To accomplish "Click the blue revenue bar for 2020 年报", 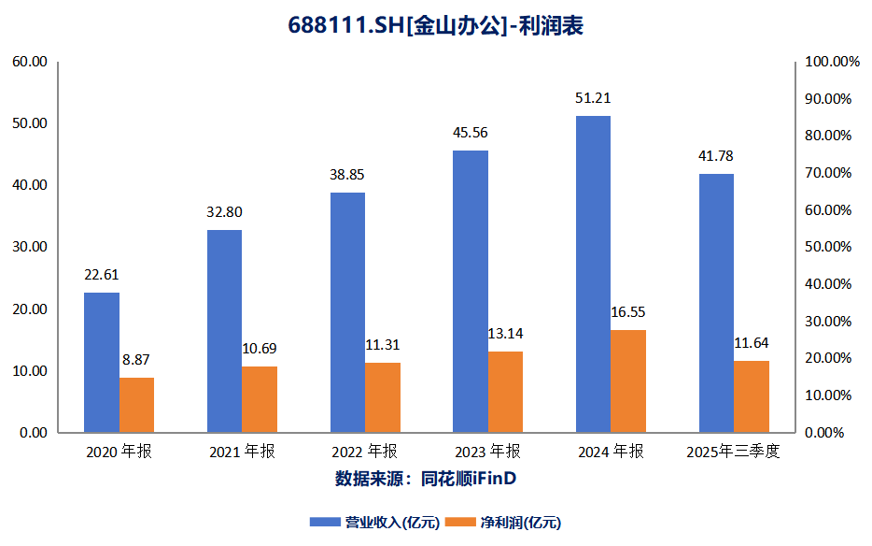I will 102,363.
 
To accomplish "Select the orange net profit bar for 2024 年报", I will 628,381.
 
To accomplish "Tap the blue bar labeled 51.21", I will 593,274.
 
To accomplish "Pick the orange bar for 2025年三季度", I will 752,396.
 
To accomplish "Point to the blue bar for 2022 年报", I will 347,312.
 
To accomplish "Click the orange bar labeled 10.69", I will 260,399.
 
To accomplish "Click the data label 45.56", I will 470,133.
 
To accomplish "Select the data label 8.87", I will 136,359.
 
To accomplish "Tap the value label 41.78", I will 716,156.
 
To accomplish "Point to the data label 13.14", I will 506,333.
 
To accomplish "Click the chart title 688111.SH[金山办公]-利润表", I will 435,27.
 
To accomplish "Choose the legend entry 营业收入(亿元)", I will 379,522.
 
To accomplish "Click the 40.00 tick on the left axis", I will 28,185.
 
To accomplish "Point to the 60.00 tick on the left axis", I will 28,62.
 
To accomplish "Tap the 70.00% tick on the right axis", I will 829,173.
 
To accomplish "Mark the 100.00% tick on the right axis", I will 826,62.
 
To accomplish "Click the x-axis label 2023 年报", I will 487,453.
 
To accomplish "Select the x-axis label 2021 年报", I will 242,453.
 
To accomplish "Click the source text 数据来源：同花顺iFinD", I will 426,479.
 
